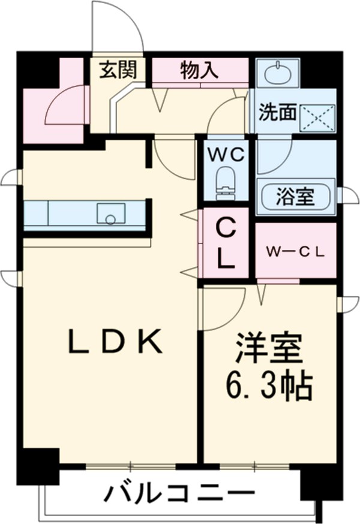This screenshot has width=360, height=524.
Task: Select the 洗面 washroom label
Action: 277,112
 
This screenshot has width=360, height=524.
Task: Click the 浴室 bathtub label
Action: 295,196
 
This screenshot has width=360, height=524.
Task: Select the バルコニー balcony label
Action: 180,495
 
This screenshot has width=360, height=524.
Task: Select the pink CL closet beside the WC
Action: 225,243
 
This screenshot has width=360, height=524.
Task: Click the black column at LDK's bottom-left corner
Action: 37,464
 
